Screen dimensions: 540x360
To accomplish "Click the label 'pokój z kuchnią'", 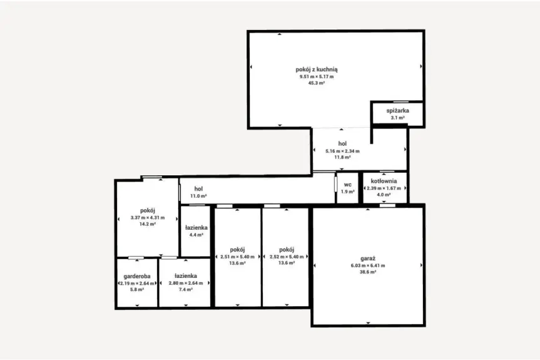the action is coord(317,69).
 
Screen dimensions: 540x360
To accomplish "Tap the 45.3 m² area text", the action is coord(317,83).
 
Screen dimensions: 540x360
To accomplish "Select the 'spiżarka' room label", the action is coord(398,111).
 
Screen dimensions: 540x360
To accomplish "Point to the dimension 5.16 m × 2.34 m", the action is coord(342,151).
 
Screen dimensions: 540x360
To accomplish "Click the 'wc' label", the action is coord(347,185).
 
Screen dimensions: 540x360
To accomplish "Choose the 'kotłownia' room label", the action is coord(384,181).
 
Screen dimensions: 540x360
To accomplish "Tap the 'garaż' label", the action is coord(368,259).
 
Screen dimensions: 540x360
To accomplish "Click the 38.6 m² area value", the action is coord(368,272).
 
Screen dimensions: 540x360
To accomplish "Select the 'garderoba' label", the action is coord(137,276).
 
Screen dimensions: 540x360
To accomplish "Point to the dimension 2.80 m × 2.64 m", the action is coord(186,283).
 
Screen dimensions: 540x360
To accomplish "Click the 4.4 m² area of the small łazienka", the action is coord(196,235).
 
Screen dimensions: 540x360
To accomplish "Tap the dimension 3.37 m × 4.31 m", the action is coord(148,218).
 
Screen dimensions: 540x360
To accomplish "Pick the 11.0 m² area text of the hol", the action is coord(198,196).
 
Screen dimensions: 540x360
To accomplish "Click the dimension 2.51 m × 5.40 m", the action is coord(237,257).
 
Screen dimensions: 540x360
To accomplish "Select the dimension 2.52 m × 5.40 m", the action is coord(287,257).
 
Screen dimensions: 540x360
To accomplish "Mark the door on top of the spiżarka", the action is coord(401,101).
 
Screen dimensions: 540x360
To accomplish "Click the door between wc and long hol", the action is coord(335,183).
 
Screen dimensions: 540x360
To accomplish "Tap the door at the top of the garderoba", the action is coord(136,258).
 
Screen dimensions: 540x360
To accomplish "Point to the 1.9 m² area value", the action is coord(347,192).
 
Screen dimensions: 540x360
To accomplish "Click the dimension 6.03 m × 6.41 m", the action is coord(368,265).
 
